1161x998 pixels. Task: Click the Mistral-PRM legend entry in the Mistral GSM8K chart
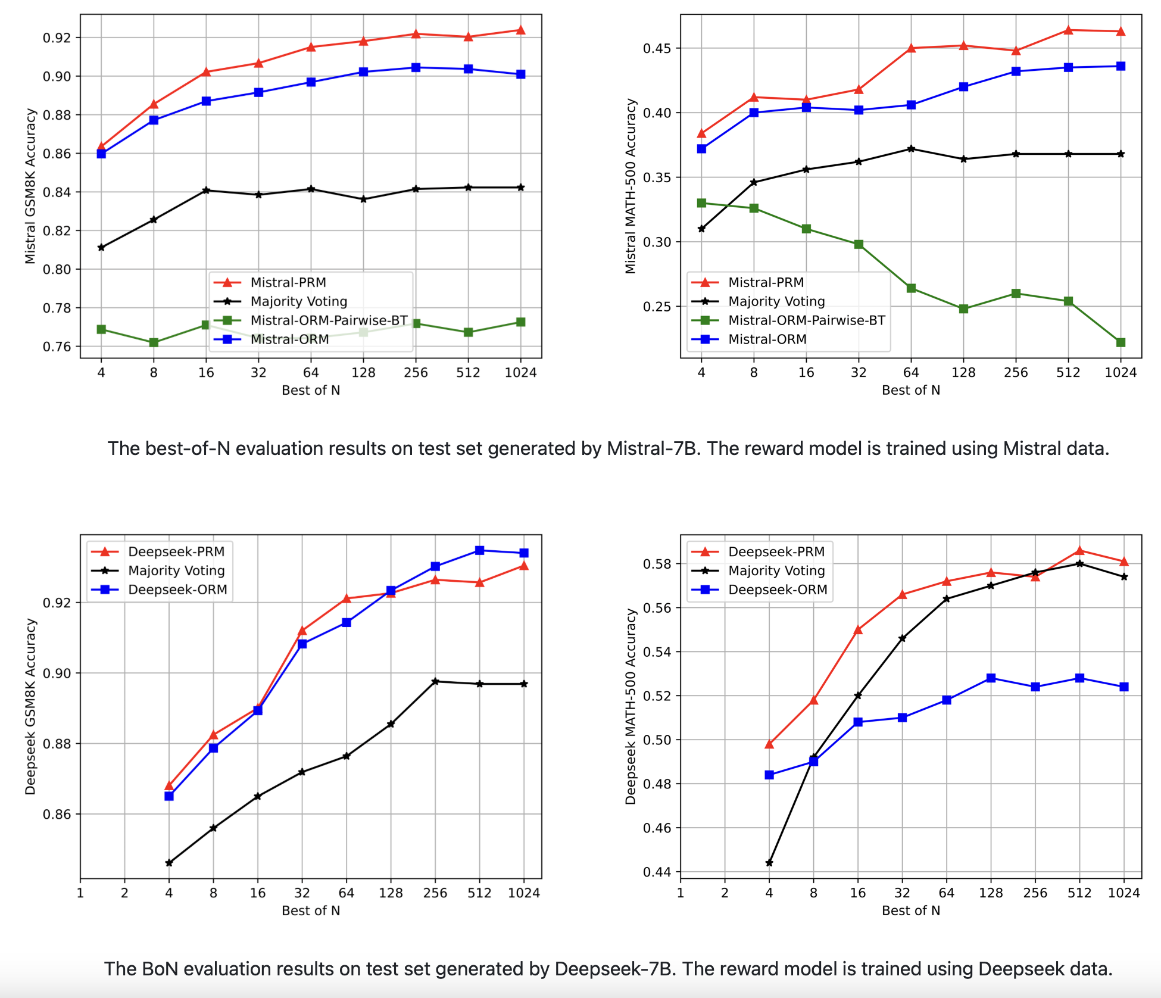click(x=288, y=282)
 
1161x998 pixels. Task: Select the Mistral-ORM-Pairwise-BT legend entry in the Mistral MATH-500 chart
click(x=806, y=320)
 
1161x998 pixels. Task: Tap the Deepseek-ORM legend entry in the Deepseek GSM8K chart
click(x=177, y=590)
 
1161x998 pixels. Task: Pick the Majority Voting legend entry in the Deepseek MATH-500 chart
click(x=776, y=570)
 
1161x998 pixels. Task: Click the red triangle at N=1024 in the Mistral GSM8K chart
click(x=520, y=30)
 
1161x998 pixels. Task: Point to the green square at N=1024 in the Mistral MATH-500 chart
click(x=1121, y=342)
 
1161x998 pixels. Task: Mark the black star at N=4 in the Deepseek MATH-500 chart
click(x=769, y=863)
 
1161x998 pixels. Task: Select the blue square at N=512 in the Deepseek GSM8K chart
click(x=479, y=550)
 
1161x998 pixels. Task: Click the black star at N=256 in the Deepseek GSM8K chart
click(x=435, y=681)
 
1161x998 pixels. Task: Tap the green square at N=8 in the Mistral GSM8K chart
click(x=154, y=342)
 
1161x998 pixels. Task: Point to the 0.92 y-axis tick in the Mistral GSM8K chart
click(x=57, y=38)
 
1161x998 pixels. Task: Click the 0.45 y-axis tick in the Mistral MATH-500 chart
click(x=657, y=48)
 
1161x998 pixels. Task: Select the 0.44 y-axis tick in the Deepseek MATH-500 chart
click(x=657, y=872)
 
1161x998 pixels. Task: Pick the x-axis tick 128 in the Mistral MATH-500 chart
click(x=963, y=373)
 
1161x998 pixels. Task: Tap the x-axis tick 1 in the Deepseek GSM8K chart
click(x=80, y=893)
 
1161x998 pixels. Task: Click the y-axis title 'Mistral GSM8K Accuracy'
click(x=30, y=186)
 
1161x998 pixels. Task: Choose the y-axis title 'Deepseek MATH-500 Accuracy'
click(x=631, y=706)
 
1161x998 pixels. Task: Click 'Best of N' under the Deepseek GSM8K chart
click(x=311, y=910)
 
